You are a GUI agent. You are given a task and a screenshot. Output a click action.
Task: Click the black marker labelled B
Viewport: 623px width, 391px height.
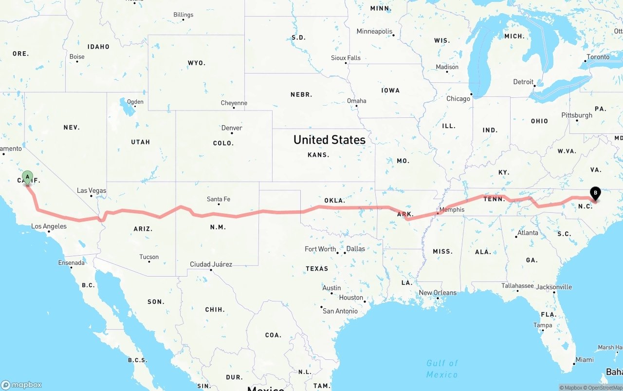coord(595,193)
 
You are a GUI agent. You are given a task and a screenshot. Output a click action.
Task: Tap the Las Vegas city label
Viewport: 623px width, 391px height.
coord(92,190)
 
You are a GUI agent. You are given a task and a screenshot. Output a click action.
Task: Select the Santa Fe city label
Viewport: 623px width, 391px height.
coord(218,199)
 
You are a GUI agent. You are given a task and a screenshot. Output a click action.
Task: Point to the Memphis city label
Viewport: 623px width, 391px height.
coord(452,210)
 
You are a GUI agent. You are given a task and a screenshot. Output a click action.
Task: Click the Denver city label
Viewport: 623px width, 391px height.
coord(232,128)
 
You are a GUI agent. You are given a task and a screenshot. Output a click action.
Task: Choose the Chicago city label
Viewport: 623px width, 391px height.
coord(458,98)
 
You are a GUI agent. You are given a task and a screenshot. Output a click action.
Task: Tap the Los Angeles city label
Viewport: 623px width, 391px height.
coord(49,226)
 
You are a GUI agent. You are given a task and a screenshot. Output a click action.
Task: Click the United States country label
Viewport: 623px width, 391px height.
coord(330,140)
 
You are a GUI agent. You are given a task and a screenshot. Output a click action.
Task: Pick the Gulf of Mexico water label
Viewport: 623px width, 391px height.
coord(442,369)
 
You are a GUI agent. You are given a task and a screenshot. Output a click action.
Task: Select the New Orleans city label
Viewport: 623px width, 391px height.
coord(438,293)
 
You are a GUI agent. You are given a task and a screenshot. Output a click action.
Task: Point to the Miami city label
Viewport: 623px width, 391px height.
coord(584,360)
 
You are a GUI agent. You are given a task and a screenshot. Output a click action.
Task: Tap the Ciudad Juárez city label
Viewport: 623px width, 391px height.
coord(211,264)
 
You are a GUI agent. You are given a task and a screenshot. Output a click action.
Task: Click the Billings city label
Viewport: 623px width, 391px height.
coord(183,15)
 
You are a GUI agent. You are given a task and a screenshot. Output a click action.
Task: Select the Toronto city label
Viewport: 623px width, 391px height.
coord(598,57)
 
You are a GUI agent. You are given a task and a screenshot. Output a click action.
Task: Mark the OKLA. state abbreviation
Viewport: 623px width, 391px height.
coord(334,201)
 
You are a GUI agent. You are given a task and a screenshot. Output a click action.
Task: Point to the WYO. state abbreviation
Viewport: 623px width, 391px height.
coord(197,63)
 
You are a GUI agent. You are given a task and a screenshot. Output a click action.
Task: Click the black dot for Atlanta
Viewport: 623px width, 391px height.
coord(516,237)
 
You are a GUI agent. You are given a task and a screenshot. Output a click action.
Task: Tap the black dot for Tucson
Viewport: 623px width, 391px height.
coord(149,261)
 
